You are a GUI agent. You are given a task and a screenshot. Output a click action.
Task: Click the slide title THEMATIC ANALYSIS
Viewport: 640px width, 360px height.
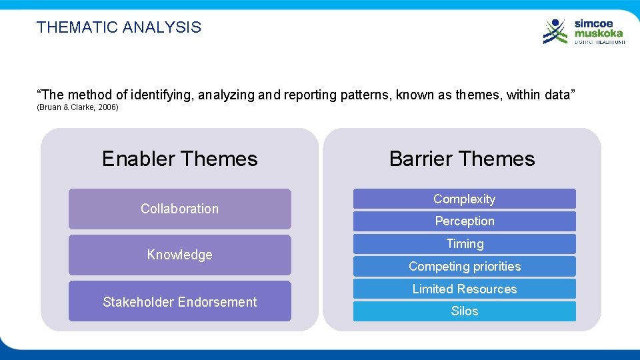coord(119,27)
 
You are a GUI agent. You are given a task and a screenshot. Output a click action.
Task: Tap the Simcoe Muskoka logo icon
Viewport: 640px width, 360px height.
coord(555,31)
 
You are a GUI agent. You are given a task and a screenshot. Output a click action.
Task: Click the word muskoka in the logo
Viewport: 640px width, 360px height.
coord(599,33)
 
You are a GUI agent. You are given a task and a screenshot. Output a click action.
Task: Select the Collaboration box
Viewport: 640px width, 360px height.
coord(179,209)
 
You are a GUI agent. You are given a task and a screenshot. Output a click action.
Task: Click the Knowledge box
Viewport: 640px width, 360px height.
coord(179,255)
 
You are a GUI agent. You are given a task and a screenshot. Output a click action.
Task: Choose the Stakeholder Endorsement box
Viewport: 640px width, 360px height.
coord(179,301)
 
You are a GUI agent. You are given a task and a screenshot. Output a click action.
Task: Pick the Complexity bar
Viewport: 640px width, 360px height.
coord(464,199)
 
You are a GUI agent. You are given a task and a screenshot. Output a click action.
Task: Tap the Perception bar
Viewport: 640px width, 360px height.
coord(464,221)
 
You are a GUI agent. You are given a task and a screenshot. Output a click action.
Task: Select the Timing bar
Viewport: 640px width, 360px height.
coord(464,243)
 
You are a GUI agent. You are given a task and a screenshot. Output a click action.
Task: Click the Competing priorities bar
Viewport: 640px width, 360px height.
coord(464,266)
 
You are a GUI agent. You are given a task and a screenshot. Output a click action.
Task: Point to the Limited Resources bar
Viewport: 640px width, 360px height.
coord(464,289)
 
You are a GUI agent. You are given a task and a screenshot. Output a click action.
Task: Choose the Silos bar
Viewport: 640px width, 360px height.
coord(464,311)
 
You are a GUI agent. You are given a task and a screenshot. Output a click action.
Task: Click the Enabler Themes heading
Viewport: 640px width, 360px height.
coord(179,159)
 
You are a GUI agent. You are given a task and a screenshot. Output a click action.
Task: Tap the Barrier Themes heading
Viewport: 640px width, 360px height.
coord(461,159)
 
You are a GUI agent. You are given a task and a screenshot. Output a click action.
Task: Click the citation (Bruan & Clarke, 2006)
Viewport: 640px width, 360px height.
coord(77,107)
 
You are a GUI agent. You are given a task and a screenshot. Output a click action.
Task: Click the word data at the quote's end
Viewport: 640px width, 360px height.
coord(554,95)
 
